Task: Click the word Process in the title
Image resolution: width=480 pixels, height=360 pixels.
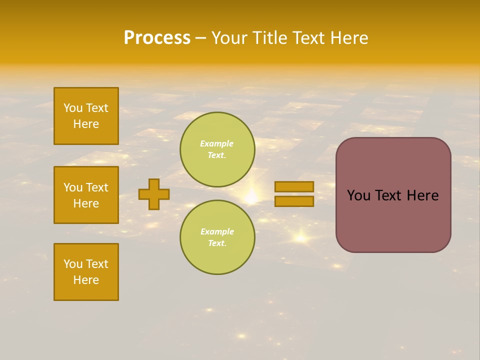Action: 157,38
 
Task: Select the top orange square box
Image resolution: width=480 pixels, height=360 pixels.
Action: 86,116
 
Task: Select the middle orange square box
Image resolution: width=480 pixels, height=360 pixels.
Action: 86,195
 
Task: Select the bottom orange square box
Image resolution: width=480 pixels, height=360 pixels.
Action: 86,272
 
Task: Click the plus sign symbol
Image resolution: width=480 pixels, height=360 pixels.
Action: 154,194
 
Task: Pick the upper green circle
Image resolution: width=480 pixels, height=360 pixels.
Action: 217,149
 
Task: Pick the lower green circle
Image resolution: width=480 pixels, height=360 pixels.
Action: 217,237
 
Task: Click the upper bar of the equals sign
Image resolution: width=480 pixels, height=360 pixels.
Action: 294,187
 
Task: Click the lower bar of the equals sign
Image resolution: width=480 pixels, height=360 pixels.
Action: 294,201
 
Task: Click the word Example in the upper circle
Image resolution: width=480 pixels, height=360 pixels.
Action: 216,143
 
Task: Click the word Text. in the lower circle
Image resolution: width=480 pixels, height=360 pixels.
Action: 217,243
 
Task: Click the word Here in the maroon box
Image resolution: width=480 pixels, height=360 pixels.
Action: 422,195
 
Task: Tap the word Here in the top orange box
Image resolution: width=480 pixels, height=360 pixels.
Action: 86,124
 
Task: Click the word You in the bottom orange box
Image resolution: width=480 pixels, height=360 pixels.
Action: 73,264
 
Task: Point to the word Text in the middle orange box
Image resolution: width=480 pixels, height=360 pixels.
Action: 97,187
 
